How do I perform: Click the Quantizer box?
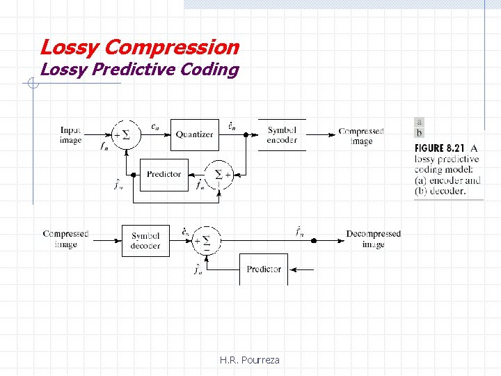point(194,134)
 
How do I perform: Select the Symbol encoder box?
point(282,135)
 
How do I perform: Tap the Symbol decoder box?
point(145,241)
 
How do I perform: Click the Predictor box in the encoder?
point(164,174)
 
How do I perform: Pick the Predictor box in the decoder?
point(264,269)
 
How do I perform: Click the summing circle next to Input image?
point(126,134)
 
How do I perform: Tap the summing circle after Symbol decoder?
point(207,241)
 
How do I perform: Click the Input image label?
point(71,135)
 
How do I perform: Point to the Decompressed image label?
point(373,239)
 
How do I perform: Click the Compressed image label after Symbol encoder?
point(361,136)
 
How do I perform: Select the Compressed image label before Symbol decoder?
point(65,239)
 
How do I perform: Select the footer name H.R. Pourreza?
point(249,360)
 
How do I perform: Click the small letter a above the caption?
point(419,122)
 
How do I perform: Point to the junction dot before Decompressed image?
point(314,240)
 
